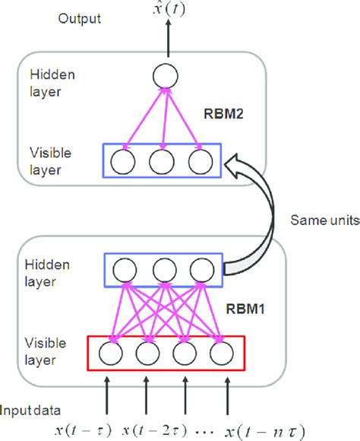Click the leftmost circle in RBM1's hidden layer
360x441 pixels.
(125, 271)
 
